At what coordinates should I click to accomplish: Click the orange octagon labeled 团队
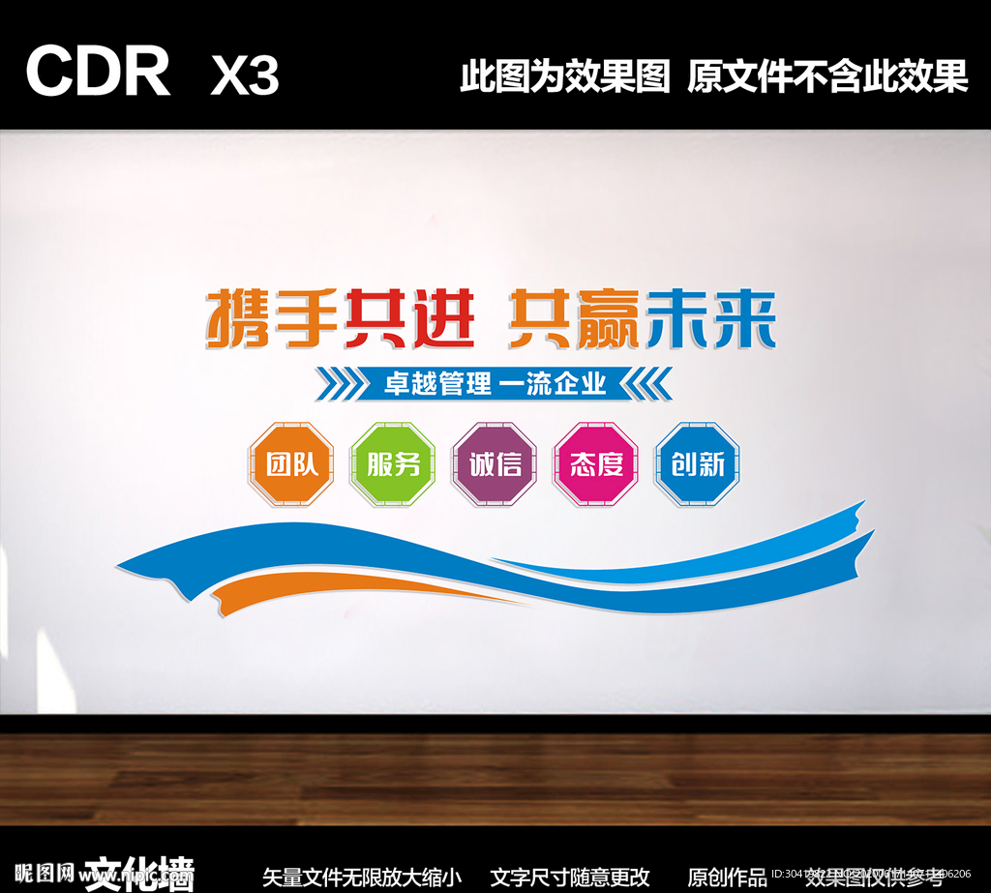[x=291, y=464]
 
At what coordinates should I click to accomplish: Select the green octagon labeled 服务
[x=393, y=464]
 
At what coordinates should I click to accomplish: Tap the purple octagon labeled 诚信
[x=495, y=464]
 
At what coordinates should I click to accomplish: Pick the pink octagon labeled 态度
[x=596, y=464]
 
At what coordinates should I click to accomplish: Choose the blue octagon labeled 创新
[x=698, y=464]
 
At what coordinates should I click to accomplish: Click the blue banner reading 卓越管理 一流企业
[x=495, y=384]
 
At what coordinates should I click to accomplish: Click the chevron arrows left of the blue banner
[x=338, y=384]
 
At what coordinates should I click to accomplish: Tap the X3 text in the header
[x=245, y=74]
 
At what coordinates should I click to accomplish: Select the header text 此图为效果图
[x=565, y=75]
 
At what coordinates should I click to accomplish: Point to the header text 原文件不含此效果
[x=827, y=75]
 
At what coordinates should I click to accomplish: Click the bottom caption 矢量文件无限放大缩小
[x=362, y=878]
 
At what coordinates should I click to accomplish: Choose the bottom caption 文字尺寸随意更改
[x=570, y=878]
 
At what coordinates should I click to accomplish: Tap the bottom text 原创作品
[x=727, y=878]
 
